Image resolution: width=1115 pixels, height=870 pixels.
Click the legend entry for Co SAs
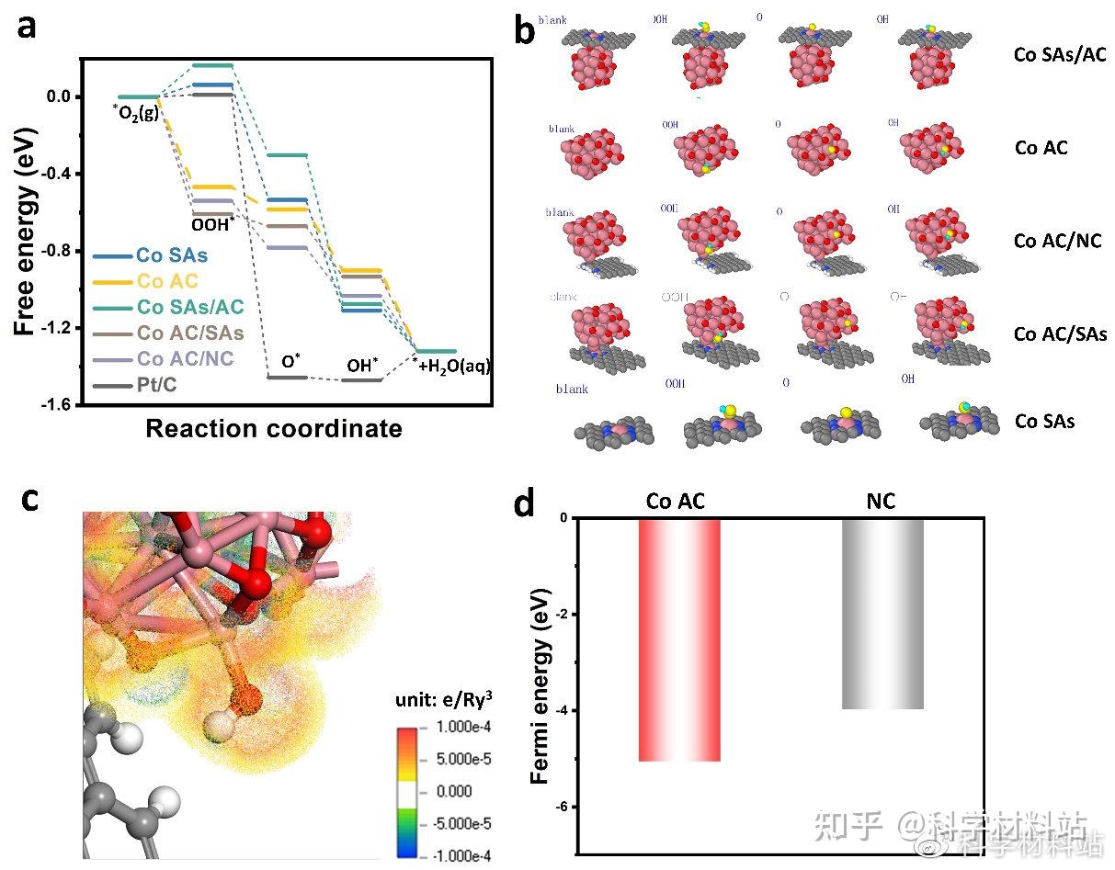tap(171, 255)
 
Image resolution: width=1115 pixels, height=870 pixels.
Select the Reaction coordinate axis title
tap(274, 428)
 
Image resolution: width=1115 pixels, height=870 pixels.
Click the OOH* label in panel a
tap(213, 223)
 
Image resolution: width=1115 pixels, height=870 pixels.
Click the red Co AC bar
tap(680, 639)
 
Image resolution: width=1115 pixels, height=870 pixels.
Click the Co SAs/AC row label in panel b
tap(1060, 54)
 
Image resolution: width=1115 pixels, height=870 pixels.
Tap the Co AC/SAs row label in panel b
tap(1060, 334)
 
